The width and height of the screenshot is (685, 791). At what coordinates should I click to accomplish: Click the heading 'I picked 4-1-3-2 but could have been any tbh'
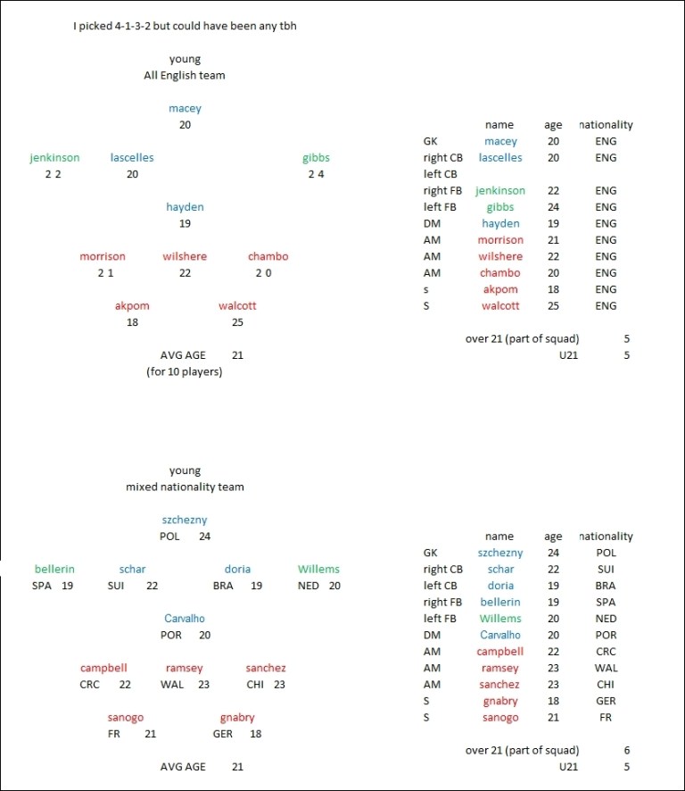185,26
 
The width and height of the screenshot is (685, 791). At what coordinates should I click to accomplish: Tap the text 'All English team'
185,76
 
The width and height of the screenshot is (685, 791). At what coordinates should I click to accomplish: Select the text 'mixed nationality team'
185,487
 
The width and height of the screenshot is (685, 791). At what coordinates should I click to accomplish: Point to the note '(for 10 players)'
185,371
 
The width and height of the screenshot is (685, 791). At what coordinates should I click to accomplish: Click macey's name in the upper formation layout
185,108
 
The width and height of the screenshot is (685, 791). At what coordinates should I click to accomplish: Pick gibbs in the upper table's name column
500,207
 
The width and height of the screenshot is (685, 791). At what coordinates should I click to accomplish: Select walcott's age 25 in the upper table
553,306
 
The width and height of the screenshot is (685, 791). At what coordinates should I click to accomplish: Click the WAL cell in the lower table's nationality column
606,668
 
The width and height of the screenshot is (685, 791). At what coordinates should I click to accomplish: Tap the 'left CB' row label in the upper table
440,174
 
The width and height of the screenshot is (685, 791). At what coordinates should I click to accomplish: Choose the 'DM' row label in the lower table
432,635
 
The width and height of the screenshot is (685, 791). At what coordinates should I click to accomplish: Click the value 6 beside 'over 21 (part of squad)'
627,751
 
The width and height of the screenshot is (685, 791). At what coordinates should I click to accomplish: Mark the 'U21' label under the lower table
568,767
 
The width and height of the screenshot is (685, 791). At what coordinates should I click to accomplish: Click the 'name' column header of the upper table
499,125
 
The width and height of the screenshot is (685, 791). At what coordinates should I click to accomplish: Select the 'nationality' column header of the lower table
606,537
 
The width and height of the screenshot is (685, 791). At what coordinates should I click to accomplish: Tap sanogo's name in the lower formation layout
125,717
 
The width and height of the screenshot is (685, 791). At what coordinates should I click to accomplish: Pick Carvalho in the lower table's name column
499,635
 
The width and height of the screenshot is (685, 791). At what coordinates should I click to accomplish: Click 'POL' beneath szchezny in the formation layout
169,537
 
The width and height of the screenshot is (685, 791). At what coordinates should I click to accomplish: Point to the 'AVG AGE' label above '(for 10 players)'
183,355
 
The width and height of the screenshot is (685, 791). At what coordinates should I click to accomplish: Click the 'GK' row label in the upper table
432,141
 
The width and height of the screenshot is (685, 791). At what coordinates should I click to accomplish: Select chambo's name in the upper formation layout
268,256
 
